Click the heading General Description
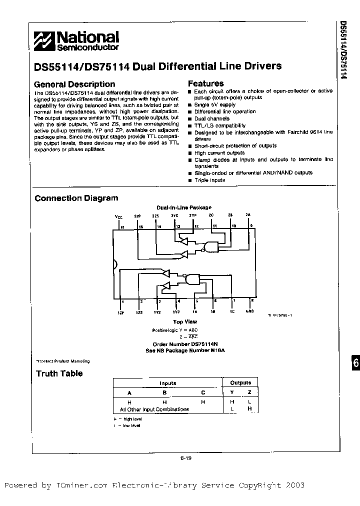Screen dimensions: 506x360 click(x=74, y=84)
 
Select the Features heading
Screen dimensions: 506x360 click(x=205, y=83)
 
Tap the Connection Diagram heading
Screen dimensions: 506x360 click(x=76, y=198)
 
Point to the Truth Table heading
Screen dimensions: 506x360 click(x=59, y=373)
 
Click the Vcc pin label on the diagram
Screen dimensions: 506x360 click(x=118, y=217)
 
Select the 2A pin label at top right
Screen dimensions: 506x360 click(x=247, y=214)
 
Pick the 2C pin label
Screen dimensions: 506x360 click(x=211, y=215)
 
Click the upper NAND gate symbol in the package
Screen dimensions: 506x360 click(x=209, y=246)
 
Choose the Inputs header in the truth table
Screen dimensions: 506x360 click(x=167, y=383)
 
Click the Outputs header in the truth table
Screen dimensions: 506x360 click(x=240, y=383)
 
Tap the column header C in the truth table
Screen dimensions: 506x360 click(x=203, y=392)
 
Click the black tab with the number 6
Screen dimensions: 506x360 click(x=354, y=363)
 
